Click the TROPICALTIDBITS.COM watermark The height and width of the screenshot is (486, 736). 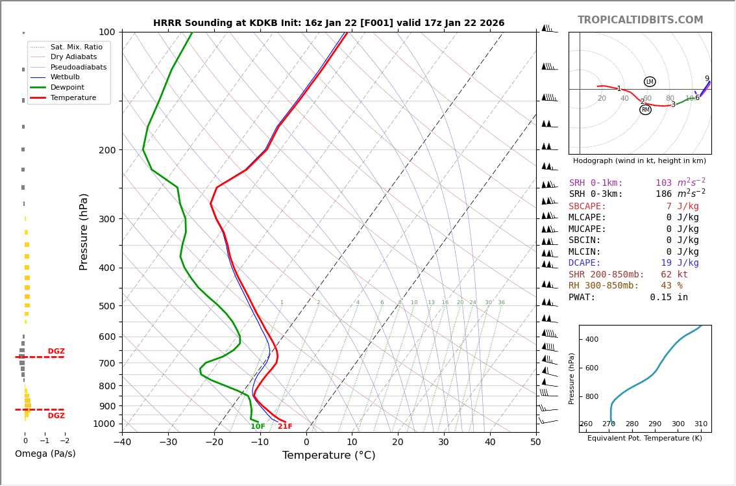(x=640, y=20)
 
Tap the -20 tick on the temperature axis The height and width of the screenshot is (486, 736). (x=214, y=442)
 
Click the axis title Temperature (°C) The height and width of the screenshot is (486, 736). (x=328, y=455)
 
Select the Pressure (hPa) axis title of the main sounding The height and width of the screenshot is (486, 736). (x=84, y=231)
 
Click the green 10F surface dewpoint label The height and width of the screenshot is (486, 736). (x=258, y=427)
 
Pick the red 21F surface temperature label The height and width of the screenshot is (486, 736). (x=285, y=427)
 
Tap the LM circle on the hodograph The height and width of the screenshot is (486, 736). (x=650, y=82)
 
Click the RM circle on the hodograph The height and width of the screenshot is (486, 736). (x=645, y=110)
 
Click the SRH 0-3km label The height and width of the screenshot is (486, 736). (x=596, y=194)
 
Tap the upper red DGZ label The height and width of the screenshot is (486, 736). (x=56, y=352)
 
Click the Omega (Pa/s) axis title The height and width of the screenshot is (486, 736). (x=45, y=454)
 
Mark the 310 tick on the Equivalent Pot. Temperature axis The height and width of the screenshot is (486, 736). (x=701, y=424)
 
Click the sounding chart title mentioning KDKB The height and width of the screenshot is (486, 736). (x=328, y=23)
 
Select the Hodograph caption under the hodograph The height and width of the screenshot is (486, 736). (x=639, y=160)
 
